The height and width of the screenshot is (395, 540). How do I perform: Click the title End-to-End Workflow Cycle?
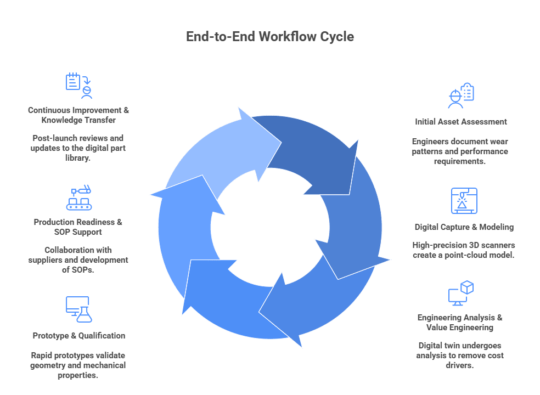(x=269, y=37)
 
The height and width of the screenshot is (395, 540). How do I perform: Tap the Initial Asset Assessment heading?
(x=460, y=122)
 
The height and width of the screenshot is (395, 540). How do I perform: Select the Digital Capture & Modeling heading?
(x=464, y=227)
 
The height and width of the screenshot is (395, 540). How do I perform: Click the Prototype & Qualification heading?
(x=78, y=336)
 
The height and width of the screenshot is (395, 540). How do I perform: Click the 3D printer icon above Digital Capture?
(x=464, y=201)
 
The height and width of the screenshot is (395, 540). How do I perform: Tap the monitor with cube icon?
(x=460, y=294)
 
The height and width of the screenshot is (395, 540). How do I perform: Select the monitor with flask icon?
(x=78, y=309)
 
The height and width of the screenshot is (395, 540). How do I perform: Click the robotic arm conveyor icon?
(x=78, y=199)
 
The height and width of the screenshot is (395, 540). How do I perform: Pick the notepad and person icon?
(x=78, y=84)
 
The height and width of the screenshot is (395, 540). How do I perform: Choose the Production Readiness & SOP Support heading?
(x=78, y=227)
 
